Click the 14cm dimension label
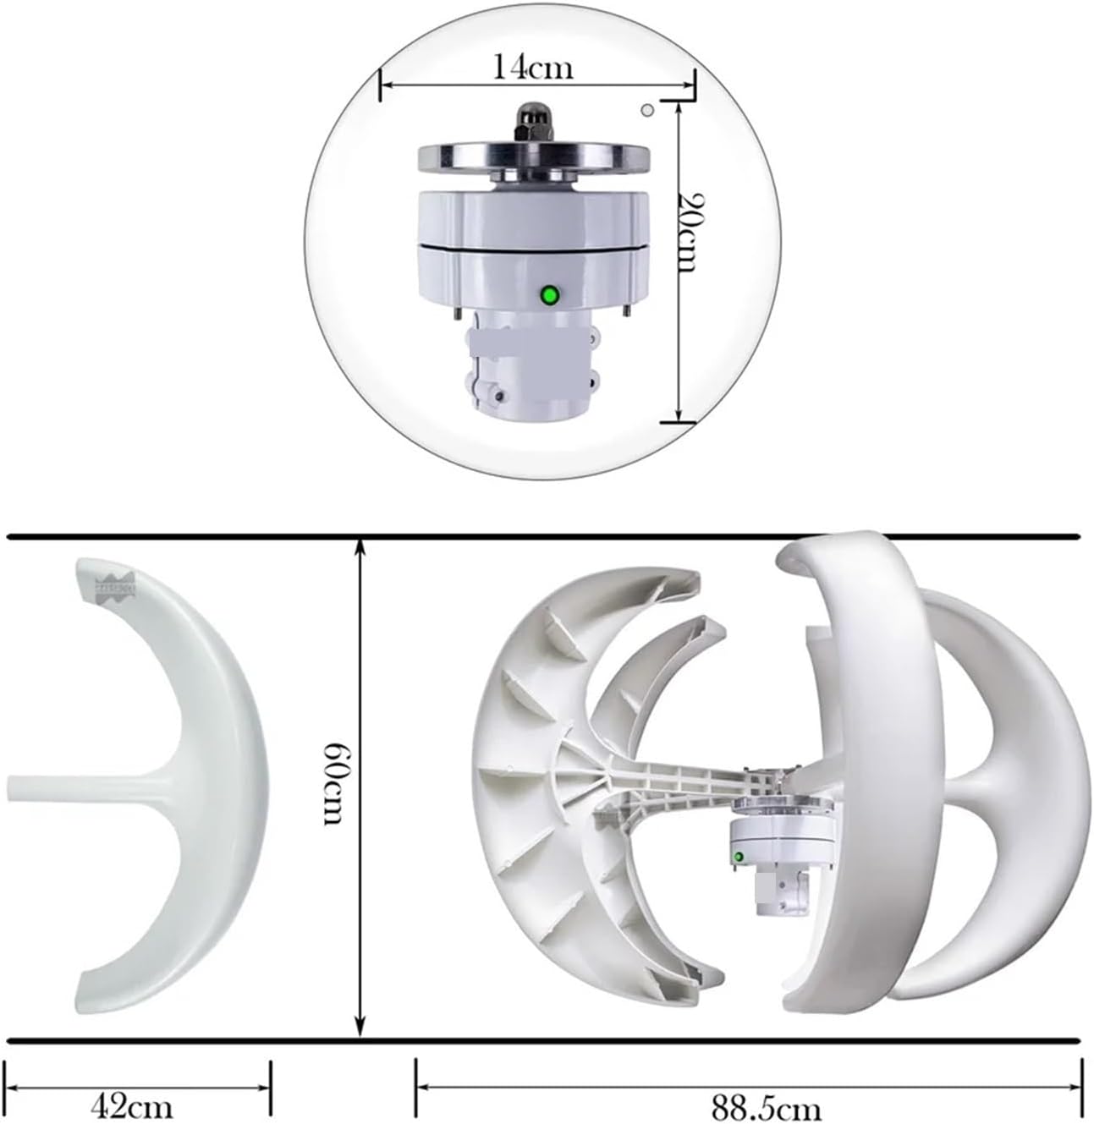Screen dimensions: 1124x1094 tap(533, 66)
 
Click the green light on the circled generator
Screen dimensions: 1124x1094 tap(550, 295)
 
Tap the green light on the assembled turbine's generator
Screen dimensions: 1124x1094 tap(739, 858)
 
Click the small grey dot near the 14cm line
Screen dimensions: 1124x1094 tap(647, 110)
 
